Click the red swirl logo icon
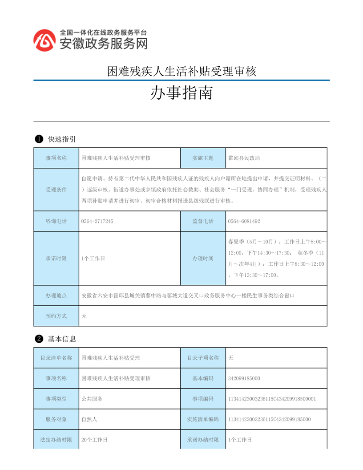point(45,40)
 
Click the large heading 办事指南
point(181,93)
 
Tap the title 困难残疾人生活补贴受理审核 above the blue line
point(181,71)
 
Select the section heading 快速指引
point(61,139)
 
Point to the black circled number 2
point(39,339)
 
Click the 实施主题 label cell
point(203,158)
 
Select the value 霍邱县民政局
point(244,158)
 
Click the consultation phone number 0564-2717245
point(97,221)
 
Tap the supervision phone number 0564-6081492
point(244,221)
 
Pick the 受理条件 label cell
point(56,190)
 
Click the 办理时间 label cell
point(203,259)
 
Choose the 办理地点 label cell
point(56,296)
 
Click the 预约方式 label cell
point(56,316)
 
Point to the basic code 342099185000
point(244,378)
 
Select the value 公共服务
point(92,399)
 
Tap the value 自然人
point(89,419)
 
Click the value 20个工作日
point(94,440)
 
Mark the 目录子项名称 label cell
point(203,358)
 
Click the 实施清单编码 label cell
point(203,419)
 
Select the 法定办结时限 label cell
point(56,440)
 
